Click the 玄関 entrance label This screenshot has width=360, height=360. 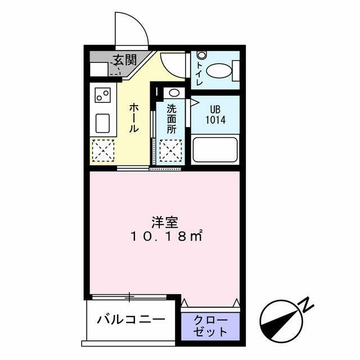[x=124, y=60]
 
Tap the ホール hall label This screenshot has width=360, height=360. [x=134, y=117]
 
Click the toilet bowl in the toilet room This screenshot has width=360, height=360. [x=219, y=71]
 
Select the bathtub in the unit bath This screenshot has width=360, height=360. [x=215, y=150]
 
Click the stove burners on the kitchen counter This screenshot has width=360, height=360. [x=102, y=96]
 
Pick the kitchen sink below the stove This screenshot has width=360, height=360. [x=102, y=123]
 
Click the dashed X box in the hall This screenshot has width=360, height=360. [x=103, y=150]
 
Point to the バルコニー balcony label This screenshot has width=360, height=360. [x=130, y=321]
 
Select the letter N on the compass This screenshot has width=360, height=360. [x=307, y=305]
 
